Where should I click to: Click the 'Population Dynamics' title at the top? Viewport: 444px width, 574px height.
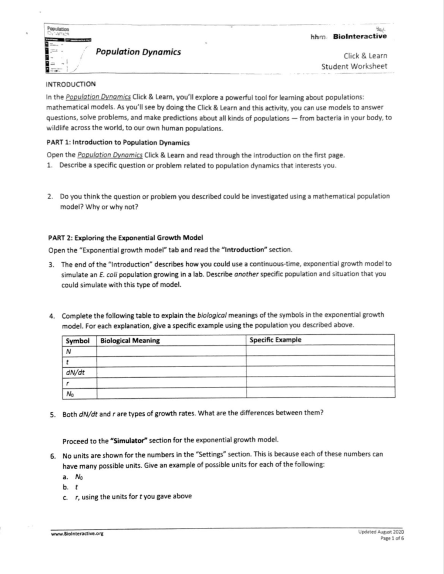(x=138, y=52)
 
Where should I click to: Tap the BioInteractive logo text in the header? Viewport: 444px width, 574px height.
(x=360, y=36)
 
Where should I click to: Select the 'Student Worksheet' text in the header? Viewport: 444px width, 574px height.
(x=354, y=67)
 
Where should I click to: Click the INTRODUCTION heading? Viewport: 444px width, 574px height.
(x=71, y=84)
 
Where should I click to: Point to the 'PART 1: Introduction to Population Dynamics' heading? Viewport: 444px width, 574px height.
(x=118, y=143)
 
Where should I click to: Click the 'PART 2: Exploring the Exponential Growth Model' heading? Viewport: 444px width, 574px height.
(x=125, y=238)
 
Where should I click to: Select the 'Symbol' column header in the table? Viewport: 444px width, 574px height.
(x=78, y=341)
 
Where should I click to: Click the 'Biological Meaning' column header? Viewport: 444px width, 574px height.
(x=130, y=340)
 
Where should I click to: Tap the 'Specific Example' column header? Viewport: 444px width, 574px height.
(x=275, y=340)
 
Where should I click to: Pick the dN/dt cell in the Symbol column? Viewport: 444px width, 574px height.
(x=75, y=372)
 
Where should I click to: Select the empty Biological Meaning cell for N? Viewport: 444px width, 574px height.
(x=171, y=351)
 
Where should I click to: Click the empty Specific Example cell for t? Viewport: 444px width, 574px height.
(x=320, y=361)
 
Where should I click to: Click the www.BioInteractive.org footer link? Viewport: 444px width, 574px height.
(x=77, y=534)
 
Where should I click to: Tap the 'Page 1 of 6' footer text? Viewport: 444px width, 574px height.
(x=392, y=538)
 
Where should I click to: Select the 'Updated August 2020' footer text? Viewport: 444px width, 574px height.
(x=381, y=532)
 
